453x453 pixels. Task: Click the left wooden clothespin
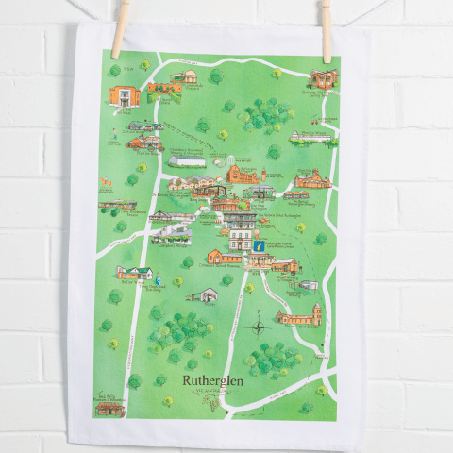point(120,28)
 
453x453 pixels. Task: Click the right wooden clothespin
point(326,30)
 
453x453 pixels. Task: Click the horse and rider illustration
point(108,180)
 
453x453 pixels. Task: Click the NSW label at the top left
point(112,58)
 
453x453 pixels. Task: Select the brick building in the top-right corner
point(322,79)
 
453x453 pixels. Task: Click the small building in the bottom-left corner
point(110,407)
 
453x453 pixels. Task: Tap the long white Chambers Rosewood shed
point(188,160)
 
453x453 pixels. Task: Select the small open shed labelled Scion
point(204,295)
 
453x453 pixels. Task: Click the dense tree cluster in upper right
point(263,114)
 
